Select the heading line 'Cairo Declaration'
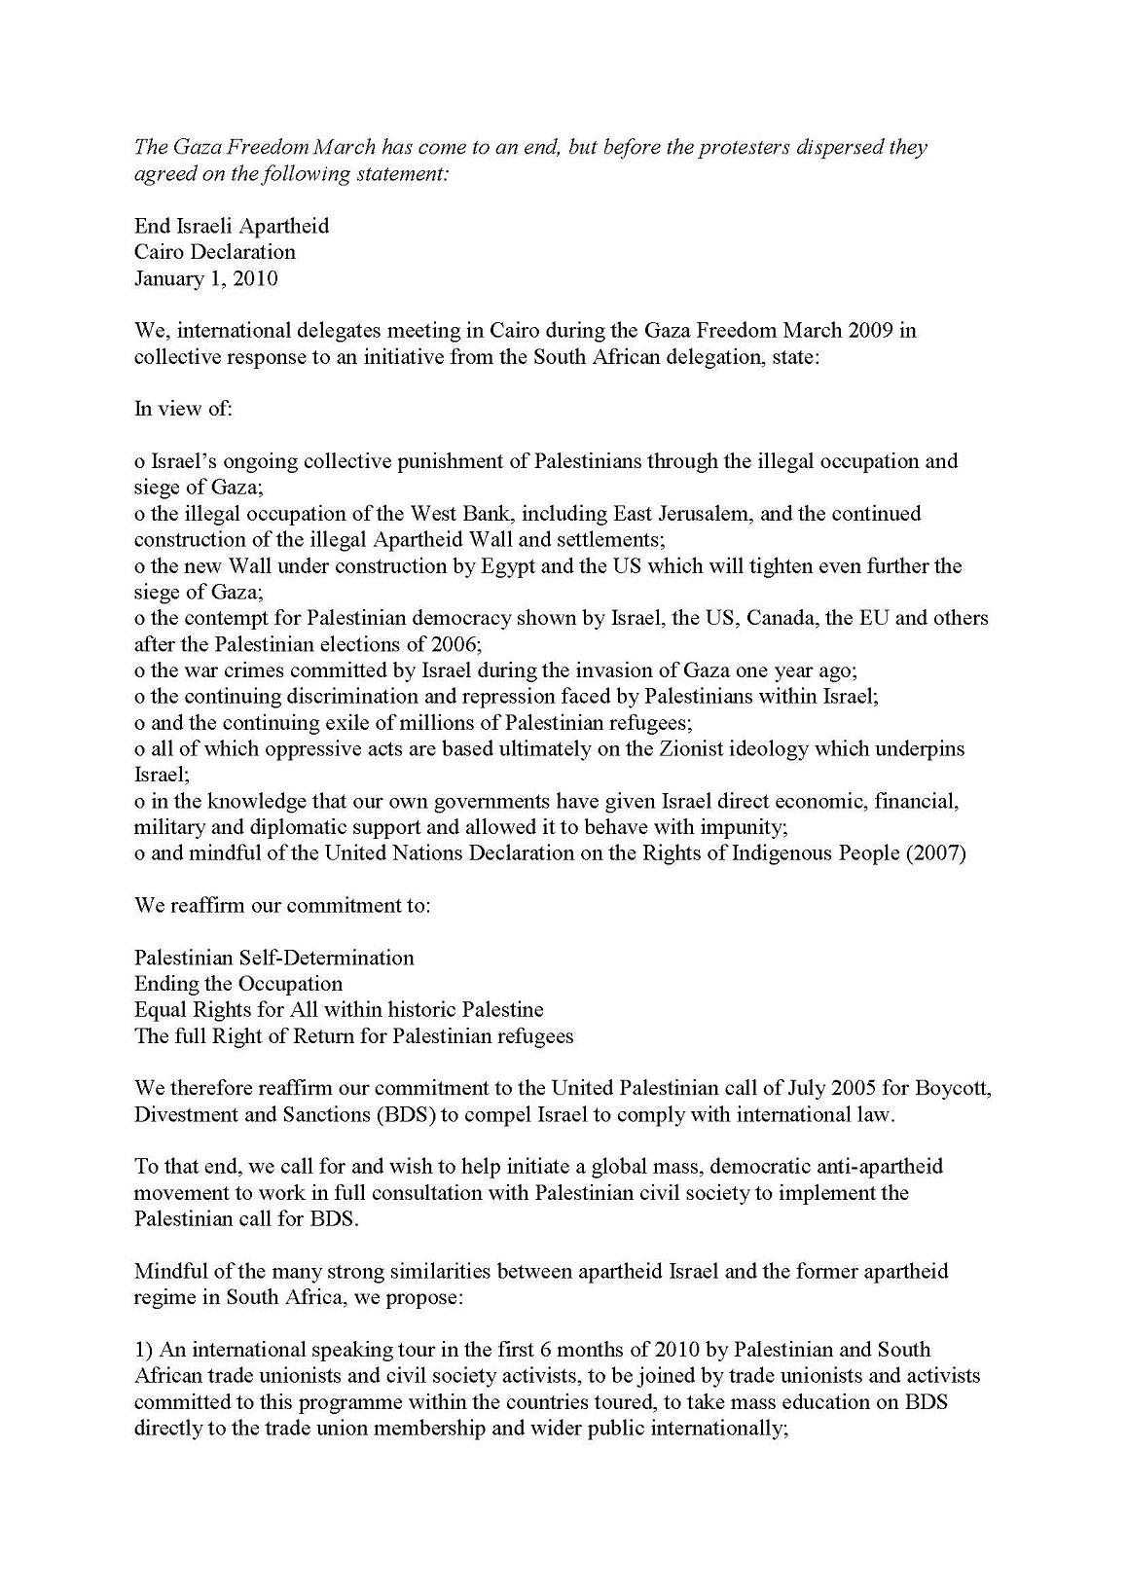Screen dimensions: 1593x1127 [x=215, y=252]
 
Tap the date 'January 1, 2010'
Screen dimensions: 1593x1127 [x=206, y=278]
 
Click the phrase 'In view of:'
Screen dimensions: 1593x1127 [x=183, y=409]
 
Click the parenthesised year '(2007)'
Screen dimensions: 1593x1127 [x=935, y=854]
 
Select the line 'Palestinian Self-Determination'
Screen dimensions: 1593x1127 [x=274, y=958]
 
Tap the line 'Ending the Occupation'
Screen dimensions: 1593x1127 [x=238, y=984]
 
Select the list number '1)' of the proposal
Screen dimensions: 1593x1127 [x=144, y=1351]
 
